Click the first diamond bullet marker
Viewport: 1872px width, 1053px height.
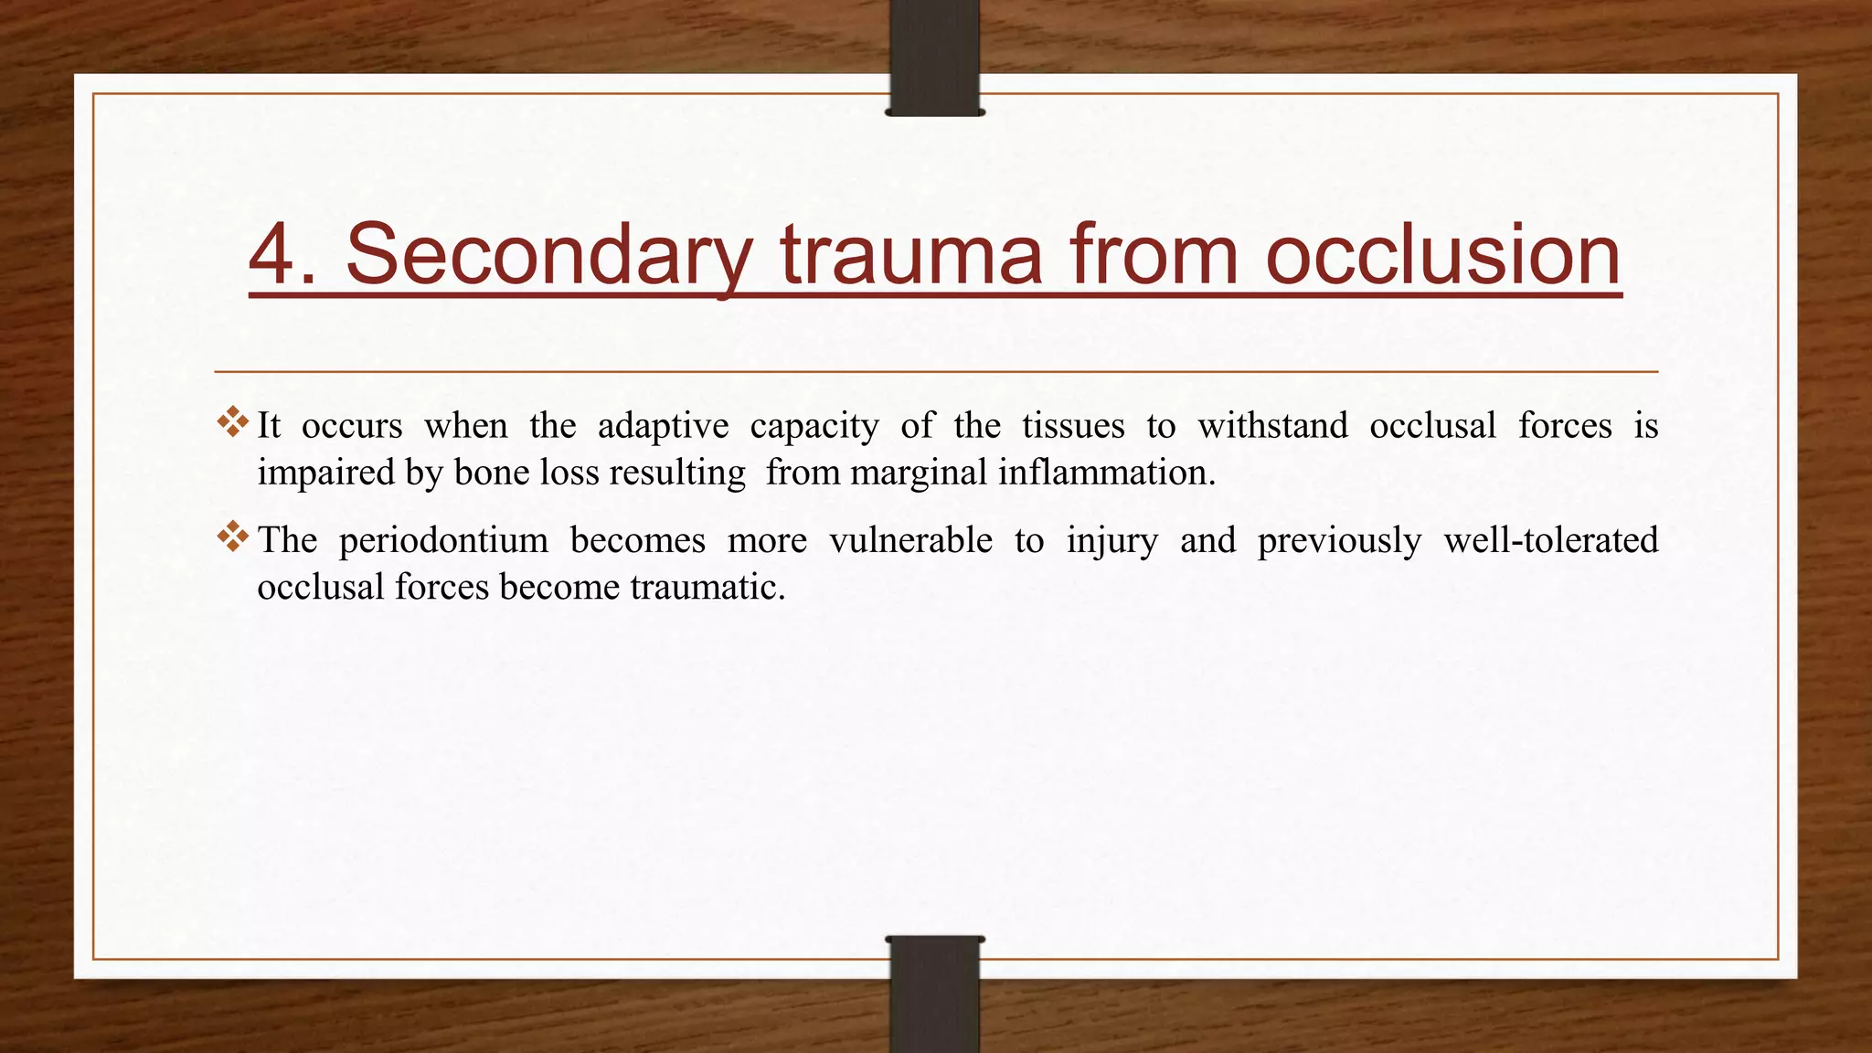click(x=233, y=421)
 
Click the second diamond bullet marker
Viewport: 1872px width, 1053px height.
click(x=233, y=536)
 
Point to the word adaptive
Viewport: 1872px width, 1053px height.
click(x=663, y=426)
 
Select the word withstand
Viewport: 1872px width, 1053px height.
click(x=1272, y=426)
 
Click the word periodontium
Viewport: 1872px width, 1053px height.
click(x=443, y=541)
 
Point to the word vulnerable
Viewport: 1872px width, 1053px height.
click(x=910, y=540)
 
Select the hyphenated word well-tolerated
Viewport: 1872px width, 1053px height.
click(x=1550, y=540)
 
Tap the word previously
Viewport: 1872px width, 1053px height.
click(x=1339, y=541)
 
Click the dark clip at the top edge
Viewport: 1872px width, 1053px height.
click(x=934, y=57)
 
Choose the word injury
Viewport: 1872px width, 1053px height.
click(x=1111, y=541)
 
